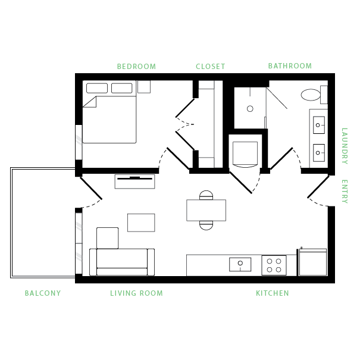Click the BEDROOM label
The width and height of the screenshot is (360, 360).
(136, 66)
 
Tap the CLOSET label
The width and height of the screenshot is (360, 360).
(211, 66)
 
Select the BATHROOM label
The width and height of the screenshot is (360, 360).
(290, 65)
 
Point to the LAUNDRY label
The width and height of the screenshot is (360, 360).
(344, 146)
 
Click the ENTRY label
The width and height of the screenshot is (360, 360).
(344, 191)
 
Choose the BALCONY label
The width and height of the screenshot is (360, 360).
(43, 293)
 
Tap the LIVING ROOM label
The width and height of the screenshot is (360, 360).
(136, 293)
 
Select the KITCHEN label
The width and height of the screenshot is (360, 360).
(273, 293)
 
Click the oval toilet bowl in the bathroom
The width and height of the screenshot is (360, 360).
(311, 95)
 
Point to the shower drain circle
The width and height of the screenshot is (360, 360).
(250, 109)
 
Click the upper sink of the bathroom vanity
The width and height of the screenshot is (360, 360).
(318, 125)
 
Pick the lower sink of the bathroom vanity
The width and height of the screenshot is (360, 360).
(318, 153)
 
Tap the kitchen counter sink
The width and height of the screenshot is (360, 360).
(240, 264)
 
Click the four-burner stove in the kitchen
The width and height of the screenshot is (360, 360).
(274, 265)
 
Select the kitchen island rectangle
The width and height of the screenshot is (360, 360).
(206, 210)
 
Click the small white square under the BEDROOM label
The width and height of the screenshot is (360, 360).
(144, 87)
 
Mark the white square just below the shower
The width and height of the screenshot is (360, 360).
(245, 153)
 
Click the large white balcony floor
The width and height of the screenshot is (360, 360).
(43, 223)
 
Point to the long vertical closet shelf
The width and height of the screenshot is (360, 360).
(218, 124)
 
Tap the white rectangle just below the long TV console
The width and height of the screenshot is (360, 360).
(141, 223)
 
